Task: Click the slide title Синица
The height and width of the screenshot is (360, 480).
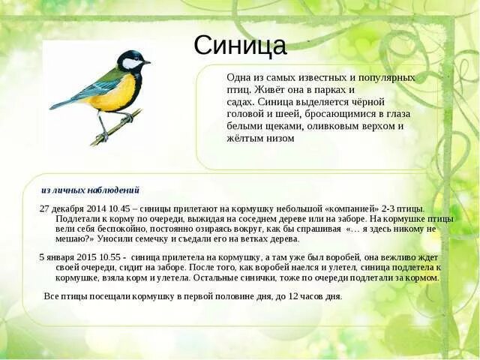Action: [240, 46]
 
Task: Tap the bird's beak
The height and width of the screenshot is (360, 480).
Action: [147, 61]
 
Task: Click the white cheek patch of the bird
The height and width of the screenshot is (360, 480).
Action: [132, 64]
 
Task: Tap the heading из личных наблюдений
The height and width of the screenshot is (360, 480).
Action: [90, 190]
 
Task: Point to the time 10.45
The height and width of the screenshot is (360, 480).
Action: [121, 208]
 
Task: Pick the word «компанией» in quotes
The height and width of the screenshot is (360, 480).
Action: [351, 208]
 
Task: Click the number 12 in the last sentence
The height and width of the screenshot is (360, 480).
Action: [293, 296]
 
